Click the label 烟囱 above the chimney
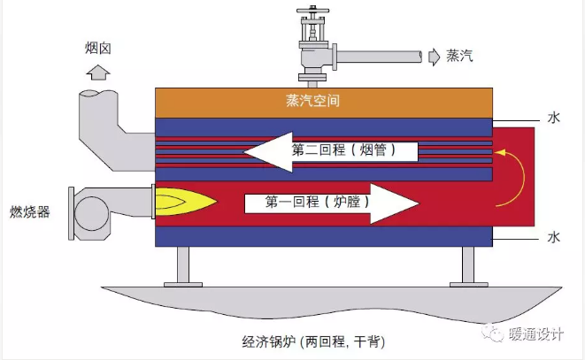97,48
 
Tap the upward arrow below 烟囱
98,73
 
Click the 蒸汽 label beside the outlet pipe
459,56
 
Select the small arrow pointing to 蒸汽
434,57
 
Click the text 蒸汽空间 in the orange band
312,101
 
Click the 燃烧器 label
29,212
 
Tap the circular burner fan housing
92,213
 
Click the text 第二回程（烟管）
343,150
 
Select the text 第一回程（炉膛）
318,202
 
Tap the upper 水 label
554,118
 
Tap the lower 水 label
554,237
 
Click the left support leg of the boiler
183,266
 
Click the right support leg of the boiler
468,266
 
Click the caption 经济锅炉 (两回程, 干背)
313,341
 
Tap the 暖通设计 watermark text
535,333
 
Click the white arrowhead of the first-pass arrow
395,203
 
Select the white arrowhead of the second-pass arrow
268,152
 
